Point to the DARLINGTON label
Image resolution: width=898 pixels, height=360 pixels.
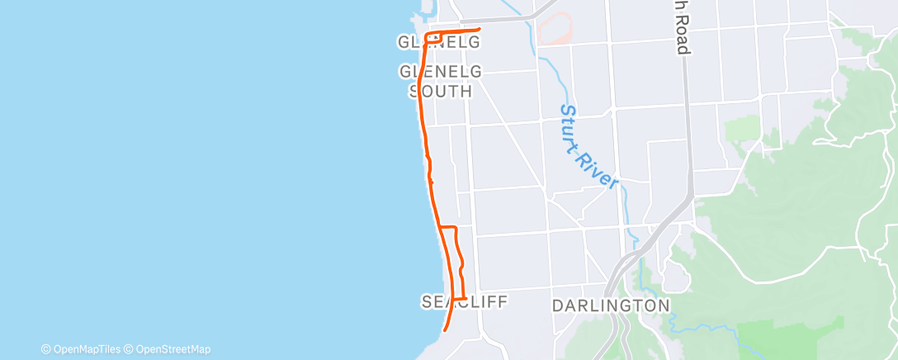(611, 306)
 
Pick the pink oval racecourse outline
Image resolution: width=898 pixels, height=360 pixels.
(555, 27)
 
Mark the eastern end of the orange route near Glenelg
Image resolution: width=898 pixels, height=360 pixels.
(479, 30)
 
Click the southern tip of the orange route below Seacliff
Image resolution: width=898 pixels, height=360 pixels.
(445, 329)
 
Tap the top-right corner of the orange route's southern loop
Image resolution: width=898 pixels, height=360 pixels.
(456, 227)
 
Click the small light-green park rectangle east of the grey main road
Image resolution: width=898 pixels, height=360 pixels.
(742, 127)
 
